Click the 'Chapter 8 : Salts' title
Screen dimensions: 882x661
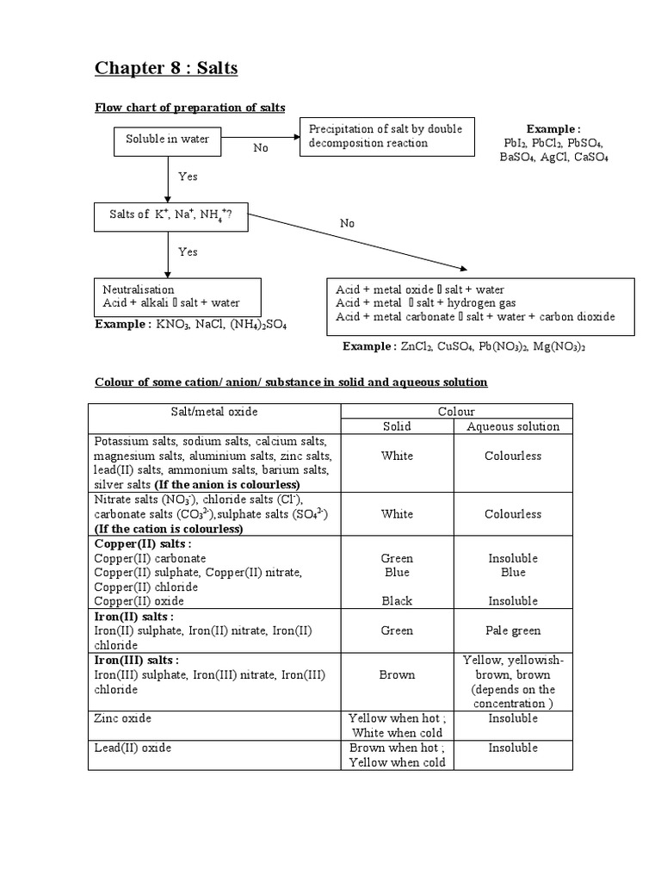tap(166, 68)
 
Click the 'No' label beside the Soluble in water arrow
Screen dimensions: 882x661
tap(261, 148)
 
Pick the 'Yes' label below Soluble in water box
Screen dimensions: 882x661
tap(188, 177)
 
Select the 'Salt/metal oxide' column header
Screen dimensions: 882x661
tap(214, 412)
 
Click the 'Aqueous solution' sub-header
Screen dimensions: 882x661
tap(513, 426)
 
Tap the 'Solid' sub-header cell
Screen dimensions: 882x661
tap(397, 426)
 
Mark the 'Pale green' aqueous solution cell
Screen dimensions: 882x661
tap(513, 630)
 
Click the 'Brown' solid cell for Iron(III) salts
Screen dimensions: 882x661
tap(397, 674)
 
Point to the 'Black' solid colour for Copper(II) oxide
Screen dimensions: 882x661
tap(397, 601)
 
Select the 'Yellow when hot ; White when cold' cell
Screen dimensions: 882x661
tap(397, 725)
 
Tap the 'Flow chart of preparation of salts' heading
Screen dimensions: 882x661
tap(189, 108)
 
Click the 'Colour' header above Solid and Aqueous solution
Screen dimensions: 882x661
tap(456, 412)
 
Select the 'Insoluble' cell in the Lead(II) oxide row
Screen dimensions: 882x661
tap(513, 748)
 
